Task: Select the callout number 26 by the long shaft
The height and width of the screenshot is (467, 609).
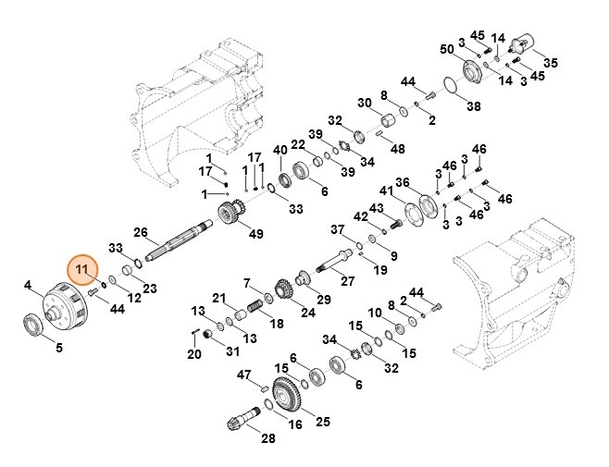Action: (x=141, y=231)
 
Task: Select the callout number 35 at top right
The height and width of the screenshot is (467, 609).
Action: (x=551, y=63)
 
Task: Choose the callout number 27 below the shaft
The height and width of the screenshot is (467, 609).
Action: (x=347, y=281)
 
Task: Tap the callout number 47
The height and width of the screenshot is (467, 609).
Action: (x=244, y=375)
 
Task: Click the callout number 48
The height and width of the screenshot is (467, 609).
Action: (x=398, y=148)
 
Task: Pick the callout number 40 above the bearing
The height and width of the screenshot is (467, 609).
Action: (x=280, y=150)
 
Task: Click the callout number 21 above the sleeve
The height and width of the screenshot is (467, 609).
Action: (x=219, y=298)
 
